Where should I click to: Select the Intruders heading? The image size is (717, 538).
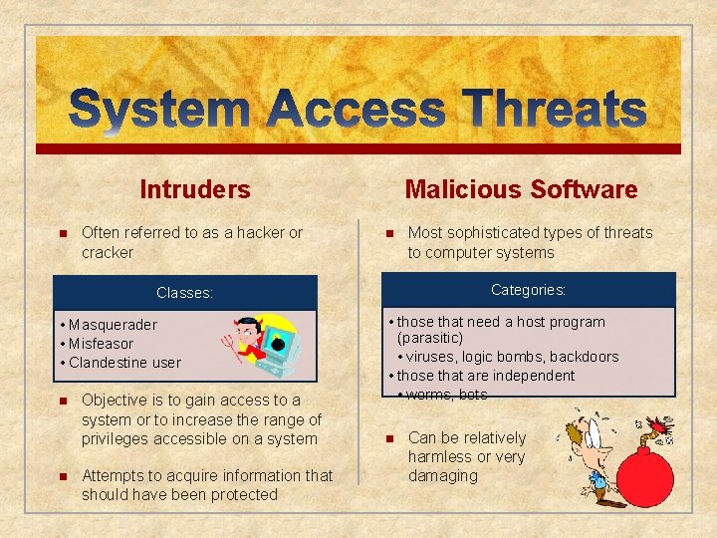point(195,189)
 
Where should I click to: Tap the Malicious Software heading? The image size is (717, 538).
point(521,189)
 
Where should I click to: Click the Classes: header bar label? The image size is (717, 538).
point(184,293)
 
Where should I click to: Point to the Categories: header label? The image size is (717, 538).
point(528,290)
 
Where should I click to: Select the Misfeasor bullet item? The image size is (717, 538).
point(101,344)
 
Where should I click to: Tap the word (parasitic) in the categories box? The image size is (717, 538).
point(430,339)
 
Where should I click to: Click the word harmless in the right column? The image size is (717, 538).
point(439,456)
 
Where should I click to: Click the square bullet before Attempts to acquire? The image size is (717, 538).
point(61,476)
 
